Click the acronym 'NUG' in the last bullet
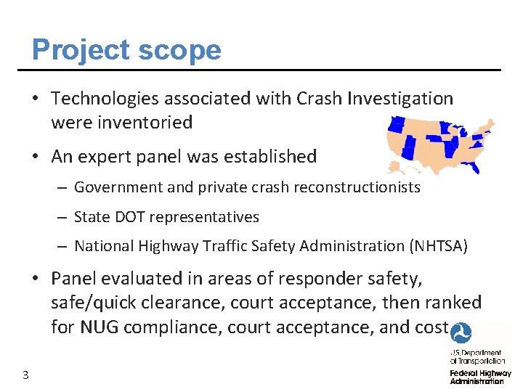tap(100, 327)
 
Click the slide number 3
tap(25, 375)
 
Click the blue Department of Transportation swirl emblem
tap(461, 333)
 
